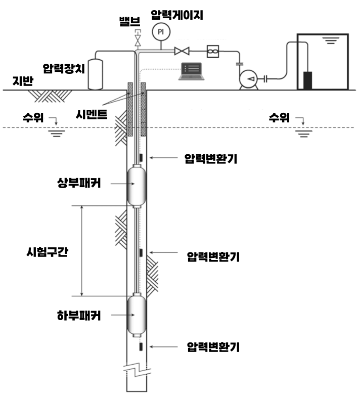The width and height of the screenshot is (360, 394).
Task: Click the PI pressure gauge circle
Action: (161, 32)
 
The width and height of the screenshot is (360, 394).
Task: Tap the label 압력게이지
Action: (176, 15)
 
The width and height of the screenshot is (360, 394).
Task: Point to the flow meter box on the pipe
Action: (212, 51)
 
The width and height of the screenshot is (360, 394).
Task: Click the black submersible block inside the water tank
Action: (307, 81)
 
